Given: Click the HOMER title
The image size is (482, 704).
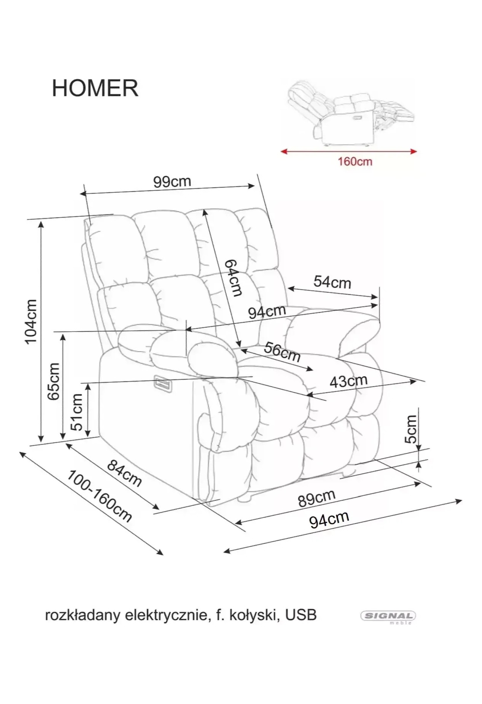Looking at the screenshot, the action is coord(95,88).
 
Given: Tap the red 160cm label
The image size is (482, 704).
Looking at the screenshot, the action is coord(355,162).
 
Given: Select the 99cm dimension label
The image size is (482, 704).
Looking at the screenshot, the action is coord(172,182).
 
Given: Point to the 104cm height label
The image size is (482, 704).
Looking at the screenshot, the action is coord(31,321).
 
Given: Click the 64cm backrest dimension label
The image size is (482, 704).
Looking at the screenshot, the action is coord(233,278).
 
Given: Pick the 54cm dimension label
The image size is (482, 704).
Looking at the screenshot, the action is coord(332,283).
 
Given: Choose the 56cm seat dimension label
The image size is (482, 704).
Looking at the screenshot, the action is coord(282,352).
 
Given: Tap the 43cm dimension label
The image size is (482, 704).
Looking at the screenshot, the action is coord(348,381).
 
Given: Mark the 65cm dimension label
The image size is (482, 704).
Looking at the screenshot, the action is coord(54,381).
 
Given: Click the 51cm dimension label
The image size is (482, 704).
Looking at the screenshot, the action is coord(77,412).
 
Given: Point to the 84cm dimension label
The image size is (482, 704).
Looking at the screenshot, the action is coord(124,473).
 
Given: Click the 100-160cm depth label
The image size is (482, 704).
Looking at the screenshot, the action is coord(100,496).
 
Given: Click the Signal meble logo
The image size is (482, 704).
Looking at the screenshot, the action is coord(388,617).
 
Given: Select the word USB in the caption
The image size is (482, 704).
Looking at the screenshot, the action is coord(301,615).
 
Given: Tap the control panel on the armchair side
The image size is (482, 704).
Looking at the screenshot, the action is coord(163,384).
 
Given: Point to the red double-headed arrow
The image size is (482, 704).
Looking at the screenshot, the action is coord(349,151).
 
